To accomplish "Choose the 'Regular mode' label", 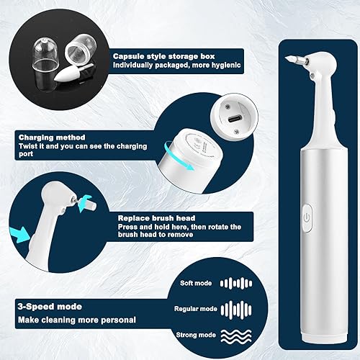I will tap(194, 310).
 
